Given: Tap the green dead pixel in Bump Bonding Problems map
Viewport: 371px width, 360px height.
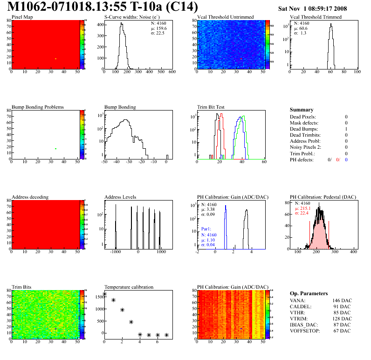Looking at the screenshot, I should [x=55, y=149].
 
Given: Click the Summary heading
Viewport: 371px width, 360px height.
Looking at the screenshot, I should [x=301, y=110].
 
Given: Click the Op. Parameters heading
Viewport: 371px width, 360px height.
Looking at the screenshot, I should [x=309, y=293].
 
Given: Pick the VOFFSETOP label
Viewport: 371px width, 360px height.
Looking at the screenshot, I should [x=305, y=331].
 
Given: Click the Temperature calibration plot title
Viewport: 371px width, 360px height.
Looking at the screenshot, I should [x=129, y=287].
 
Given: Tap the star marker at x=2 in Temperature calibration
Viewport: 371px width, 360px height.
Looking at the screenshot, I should [x=122, y=310].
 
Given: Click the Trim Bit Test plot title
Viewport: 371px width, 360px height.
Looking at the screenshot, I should [x=211, y=107].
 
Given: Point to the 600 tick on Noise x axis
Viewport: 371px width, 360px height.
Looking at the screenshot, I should [x=172, y=72].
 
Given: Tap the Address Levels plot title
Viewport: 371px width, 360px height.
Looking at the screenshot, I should [x=120, y=197].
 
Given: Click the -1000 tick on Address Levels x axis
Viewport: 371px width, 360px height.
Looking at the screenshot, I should [x=115, y=251].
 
